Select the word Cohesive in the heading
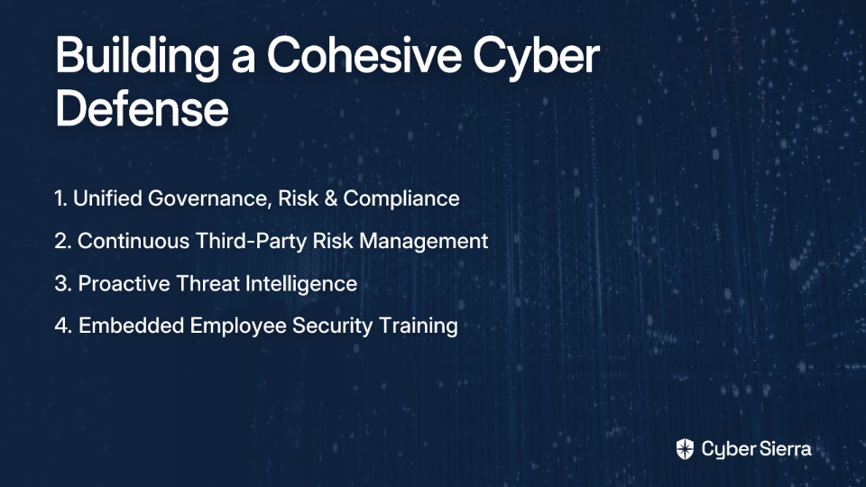click(364, 55)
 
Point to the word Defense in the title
click(142, 109)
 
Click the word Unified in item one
click(107, 198)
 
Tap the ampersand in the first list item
click(331, 198)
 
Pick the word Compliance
click(401, 199)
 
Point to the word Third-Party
click(252, 242)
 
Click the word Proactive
click(124, 284)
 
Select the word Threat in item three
click(207, 284)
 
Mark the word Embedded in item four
click(132, 326)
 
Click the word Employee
click(238, 326)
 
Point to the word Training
click(418, 326)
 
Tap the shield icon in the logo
click(685, 449)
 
